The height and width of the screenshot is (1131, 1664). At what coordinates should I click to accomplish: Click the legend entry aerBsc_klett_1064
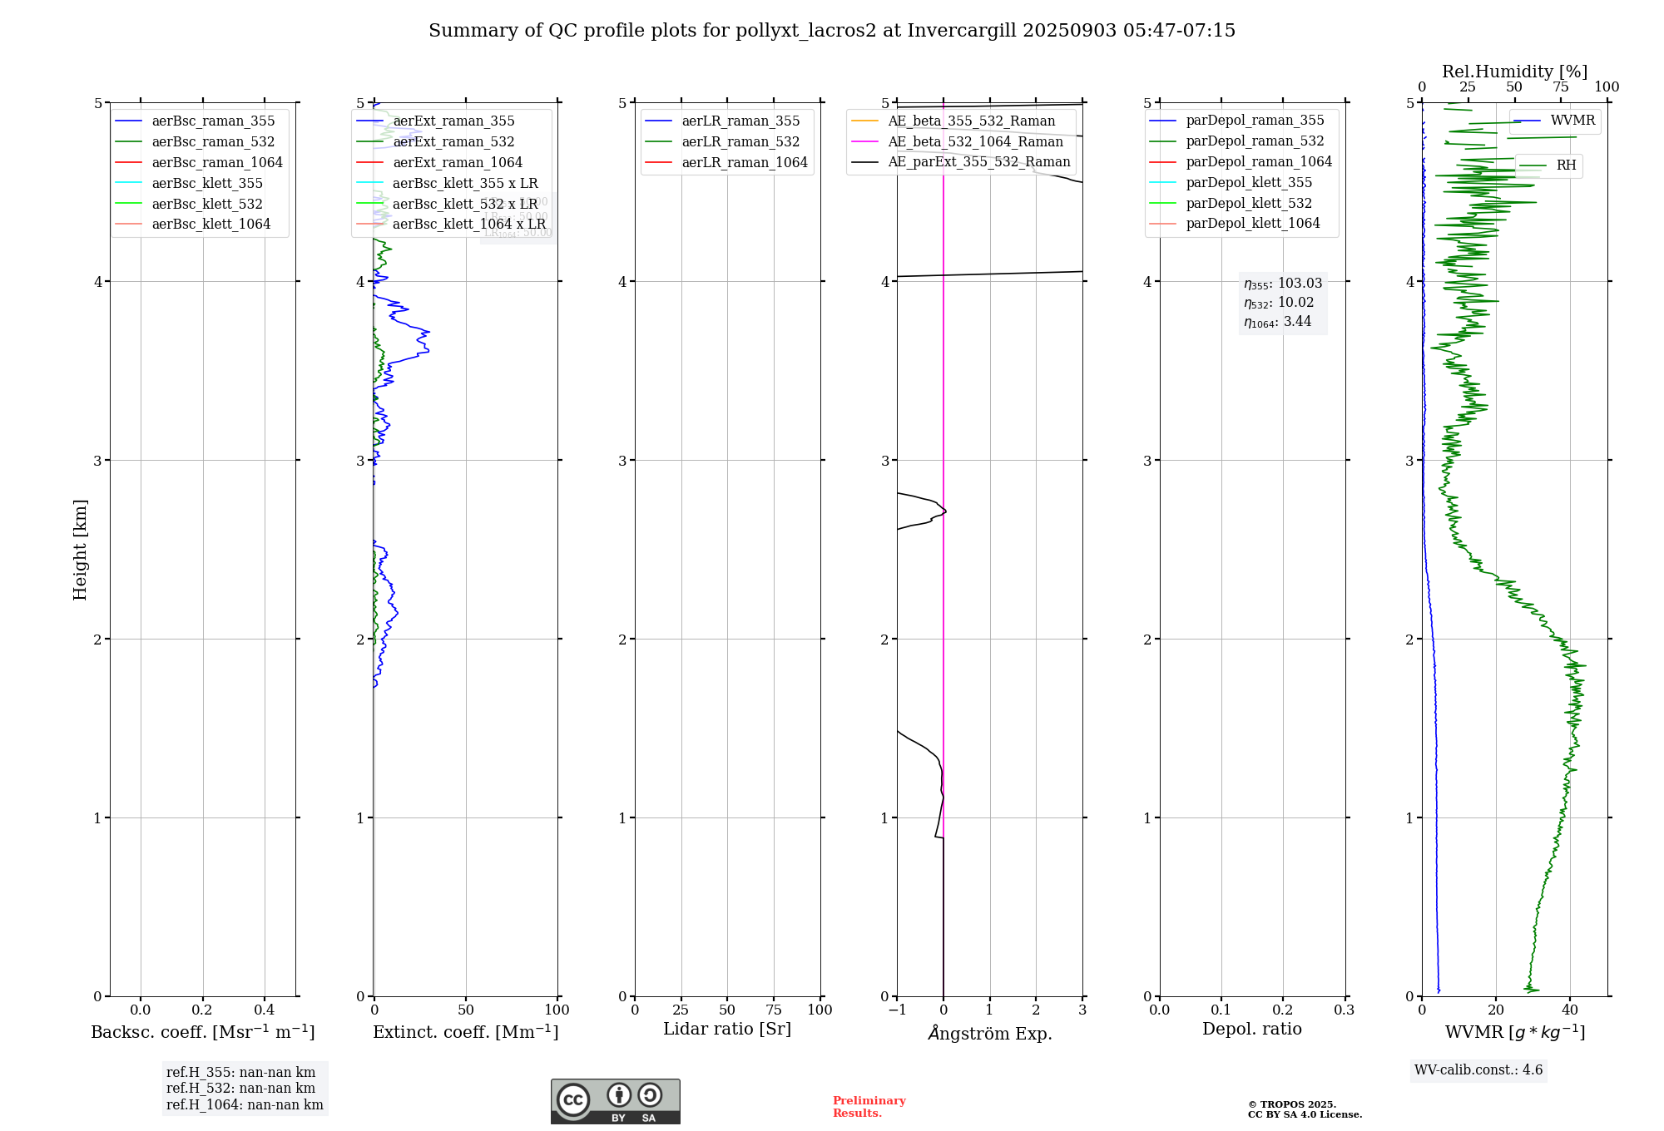(x=210, y=225)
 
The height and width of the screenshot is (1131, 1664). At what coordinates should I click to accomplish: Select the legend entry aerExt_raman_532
(x=453, y=142)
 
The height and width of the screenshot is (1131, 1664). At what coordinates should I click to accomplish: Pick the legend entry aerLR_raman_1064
(x=744, y=163)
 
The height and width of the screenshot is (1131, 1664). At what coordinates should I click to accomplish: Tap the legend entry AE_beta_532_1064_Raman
(x=975, y=142)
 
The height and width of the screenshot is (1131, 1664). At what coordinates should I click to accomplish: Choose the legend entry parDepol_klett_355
(x=1248, y=183)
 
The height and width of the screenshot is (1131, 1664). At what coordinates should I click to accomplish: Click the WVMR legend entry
(x=1572, y=121)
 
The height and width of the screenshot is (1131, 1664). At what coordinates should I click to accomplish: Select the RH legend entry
(x=1566, y=165)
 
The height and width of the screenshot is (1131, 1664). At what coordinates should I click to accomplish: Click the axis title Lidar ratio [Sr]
(x=726, y=1030)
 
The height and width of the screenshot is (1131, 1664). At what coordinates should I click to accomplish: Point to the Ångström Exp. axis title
(x=989, y=1034)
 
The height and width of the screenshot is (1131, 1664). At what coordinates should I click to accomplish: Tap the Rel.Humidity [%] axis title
(x=1514, y=72)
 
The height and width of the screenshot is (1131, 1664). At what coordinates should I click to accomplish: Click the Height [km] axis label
(x=80, y=549)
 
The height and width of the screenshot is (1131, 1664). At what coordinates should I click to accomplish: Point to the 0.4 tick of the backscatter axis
(x=265, y=1010)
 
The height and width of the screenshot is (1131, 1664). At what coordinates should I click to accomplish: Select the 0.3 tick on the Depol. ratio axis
(x=1344, y=1010)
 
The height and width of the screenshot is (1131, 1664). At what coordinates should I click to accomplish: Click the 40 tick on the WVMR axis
(x=1570, y=1010)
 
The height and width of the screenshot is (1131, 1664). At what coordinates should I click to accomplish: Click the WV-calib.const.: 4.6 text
(x=1478, y=1070)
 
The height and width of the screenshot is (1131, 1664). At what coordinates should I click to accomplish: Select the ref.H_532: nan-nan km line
(x=240, y=1089)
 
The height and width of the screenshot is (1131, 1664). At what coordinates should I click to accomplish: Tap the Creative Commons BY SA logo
(x=615, y=1102)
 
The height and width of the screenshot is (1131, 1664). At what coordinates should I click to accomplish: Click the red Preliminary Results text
(x=869, y=1107)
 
